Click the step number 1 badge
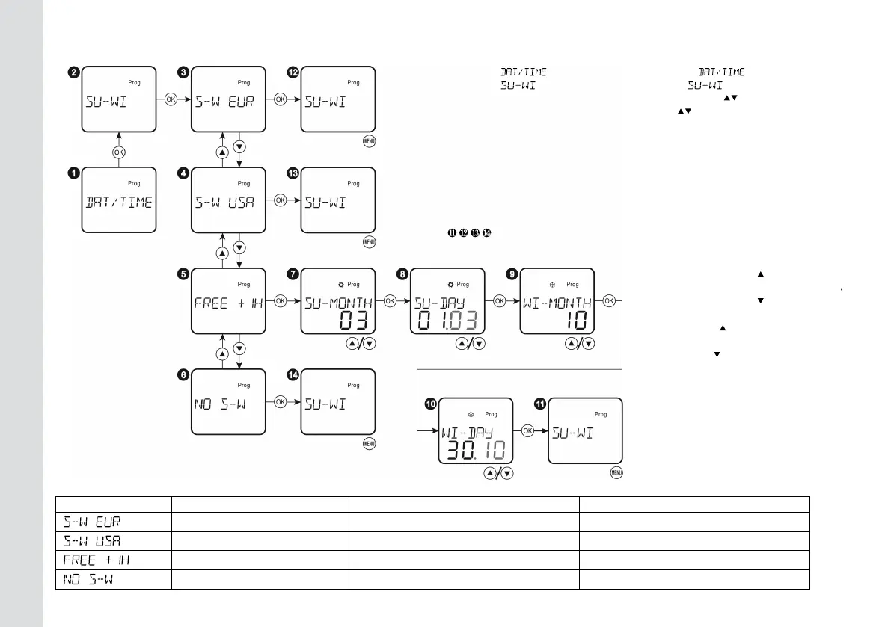point(74,173)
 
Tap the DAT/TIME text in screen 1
point(119,202)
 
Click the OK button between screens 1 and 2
point(118,152)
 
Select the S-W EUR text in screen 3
point(224,101)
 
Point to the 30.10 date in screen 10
point(477,449)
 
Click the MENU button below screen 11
point(616,472)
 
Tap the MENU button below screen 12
point(369,142)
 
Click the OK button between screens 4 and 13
point(281,200)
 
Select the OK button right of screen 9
point(609,300)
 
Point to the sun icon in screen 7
point(340,285)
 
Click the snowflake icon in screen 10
point(471,415)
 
